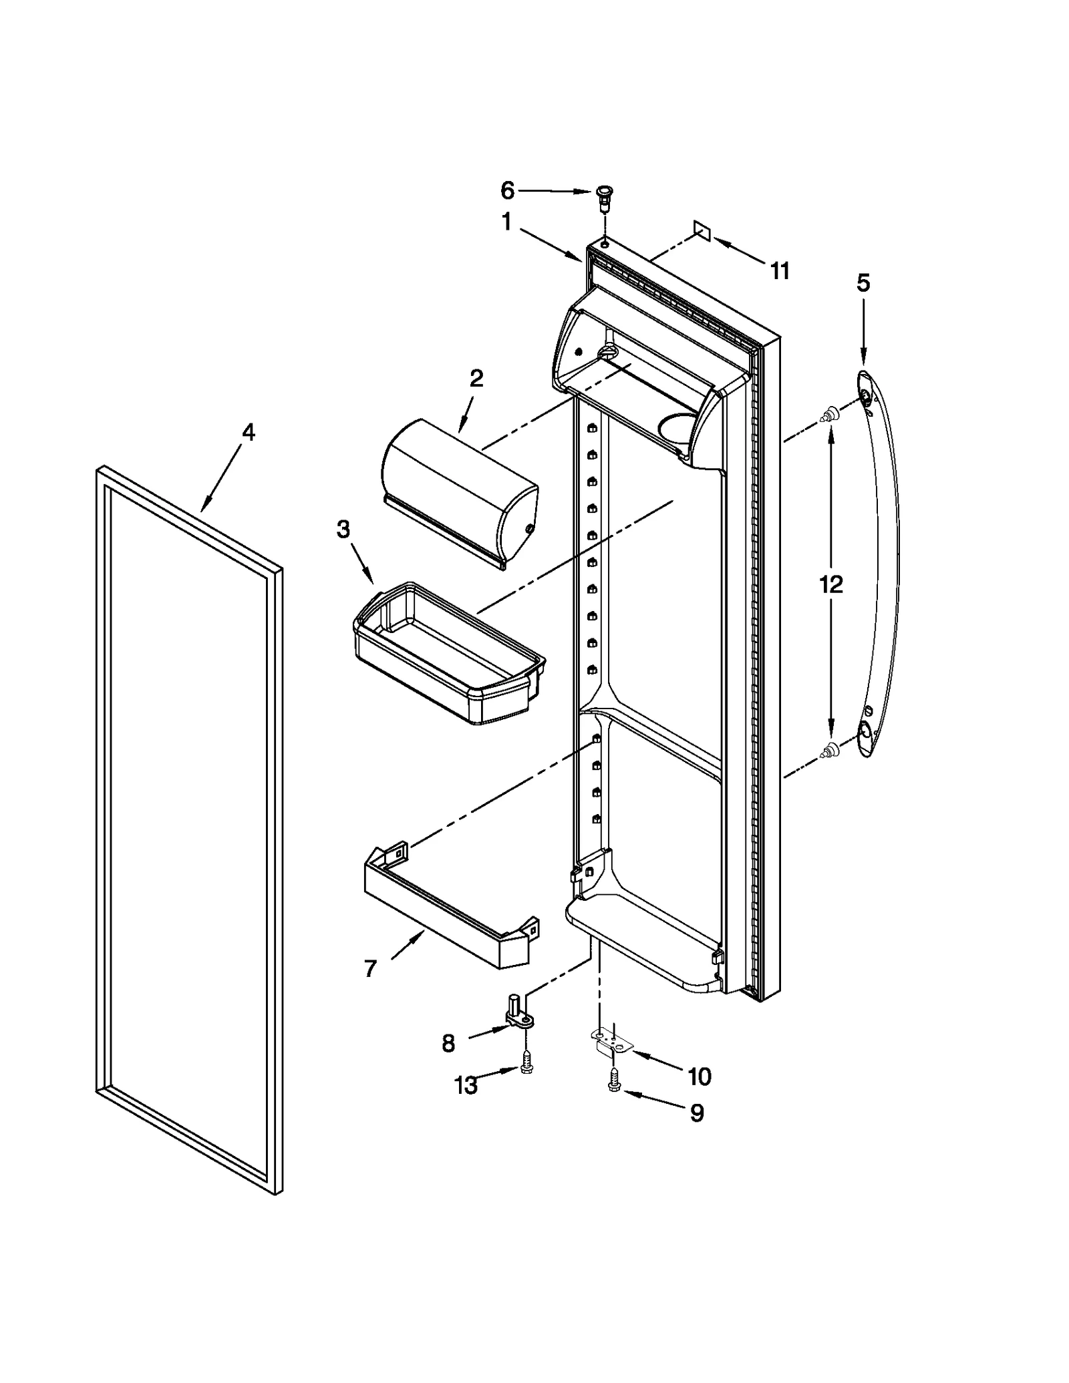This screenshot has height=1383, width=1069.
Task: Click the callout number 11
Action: coord(780,271)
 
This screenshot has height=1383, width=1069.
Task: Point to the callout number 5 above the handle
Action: coord(863,283)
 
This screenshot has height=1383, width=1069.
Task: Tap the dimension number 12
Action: coord(831,584)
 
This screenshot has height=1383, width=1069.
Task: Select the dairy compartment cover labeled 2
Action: coord(460,493)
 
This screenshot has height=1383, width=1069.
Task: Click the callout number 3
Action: coord(343,530)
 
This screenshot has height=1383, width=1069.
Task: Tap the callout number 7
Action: coord(371,968)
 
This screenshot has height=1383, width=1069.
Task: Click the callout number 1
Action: coord(506,222)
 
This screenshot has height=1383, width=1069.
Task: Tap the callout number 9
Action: coord(697,1113)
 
